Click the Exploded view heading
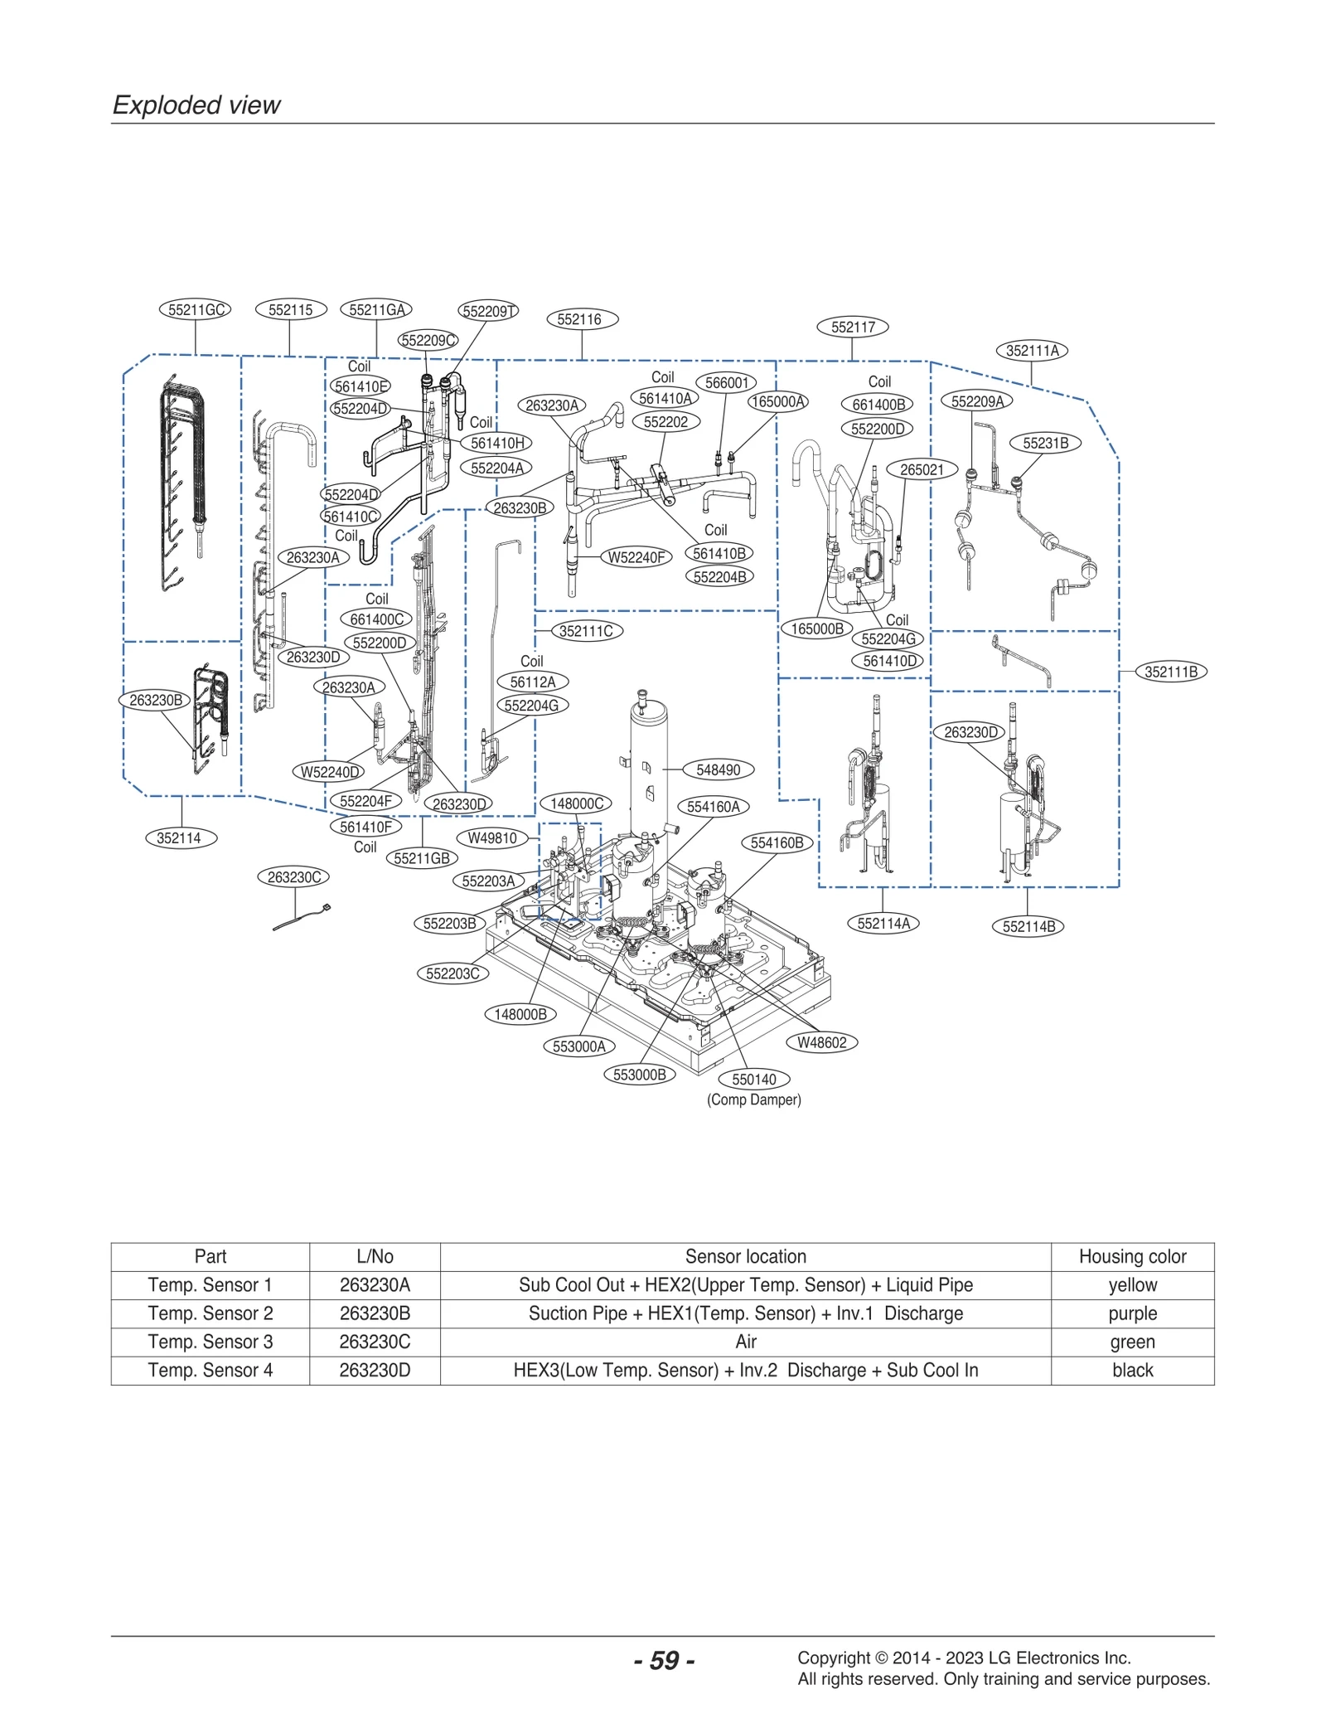point(196,105)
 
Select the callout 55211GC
point(195,310)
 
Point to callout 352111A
point(1031,351)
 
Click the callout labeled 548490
point(718,769)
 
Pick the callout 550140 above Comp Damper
point(753,1079)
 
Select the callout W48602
point(821,1042)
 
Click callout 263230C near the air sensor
point(294,876)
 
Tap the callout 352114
point(179,837)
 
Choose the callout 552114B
point(1028,926)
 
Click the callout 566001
point(726,383)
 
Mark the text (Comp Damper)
point(753,1099)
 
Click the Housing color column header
point(1131,1256)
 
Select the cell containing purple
point(1131,1313)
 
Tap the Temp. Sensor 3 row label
point(210,1342)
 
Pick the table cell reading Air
point(745,1342)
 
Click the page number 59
point(664,1660)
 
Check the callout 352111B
point(1170,672)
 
